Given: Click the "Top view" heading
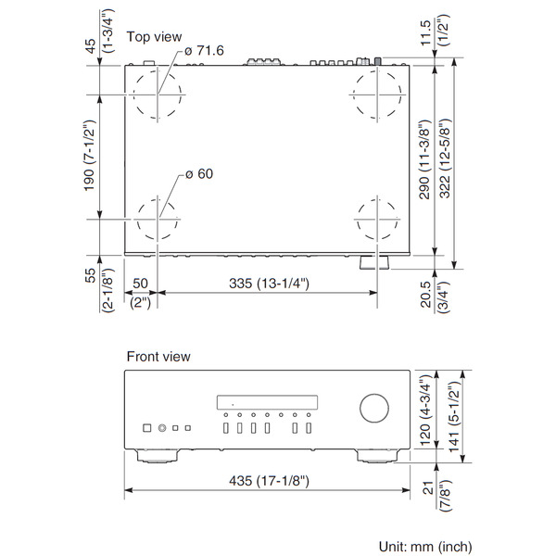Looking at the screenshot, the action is pos(154,37).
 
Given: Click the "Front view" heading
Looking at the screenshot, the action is pos(158,357).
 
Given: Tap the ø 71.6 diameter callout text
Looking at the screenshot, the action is pos(204,50).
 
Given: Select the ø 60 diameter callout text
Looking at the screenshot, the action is pos(199,174).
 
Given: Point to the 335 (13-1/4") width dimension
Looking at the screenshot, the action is pos(269,284).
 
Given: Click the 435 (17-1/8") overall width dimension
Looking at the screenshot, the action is pos(269,481).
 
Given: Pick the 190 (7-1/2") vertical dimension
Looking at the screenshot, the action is pos(89,156).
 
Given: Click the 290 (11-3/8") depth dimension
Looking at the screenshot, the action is pos(424,159).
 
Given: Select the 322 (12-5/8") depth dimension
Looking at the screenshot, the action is pos(444,158).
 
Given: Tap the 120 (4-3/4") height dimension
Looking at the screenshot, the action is pos(424,410).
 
